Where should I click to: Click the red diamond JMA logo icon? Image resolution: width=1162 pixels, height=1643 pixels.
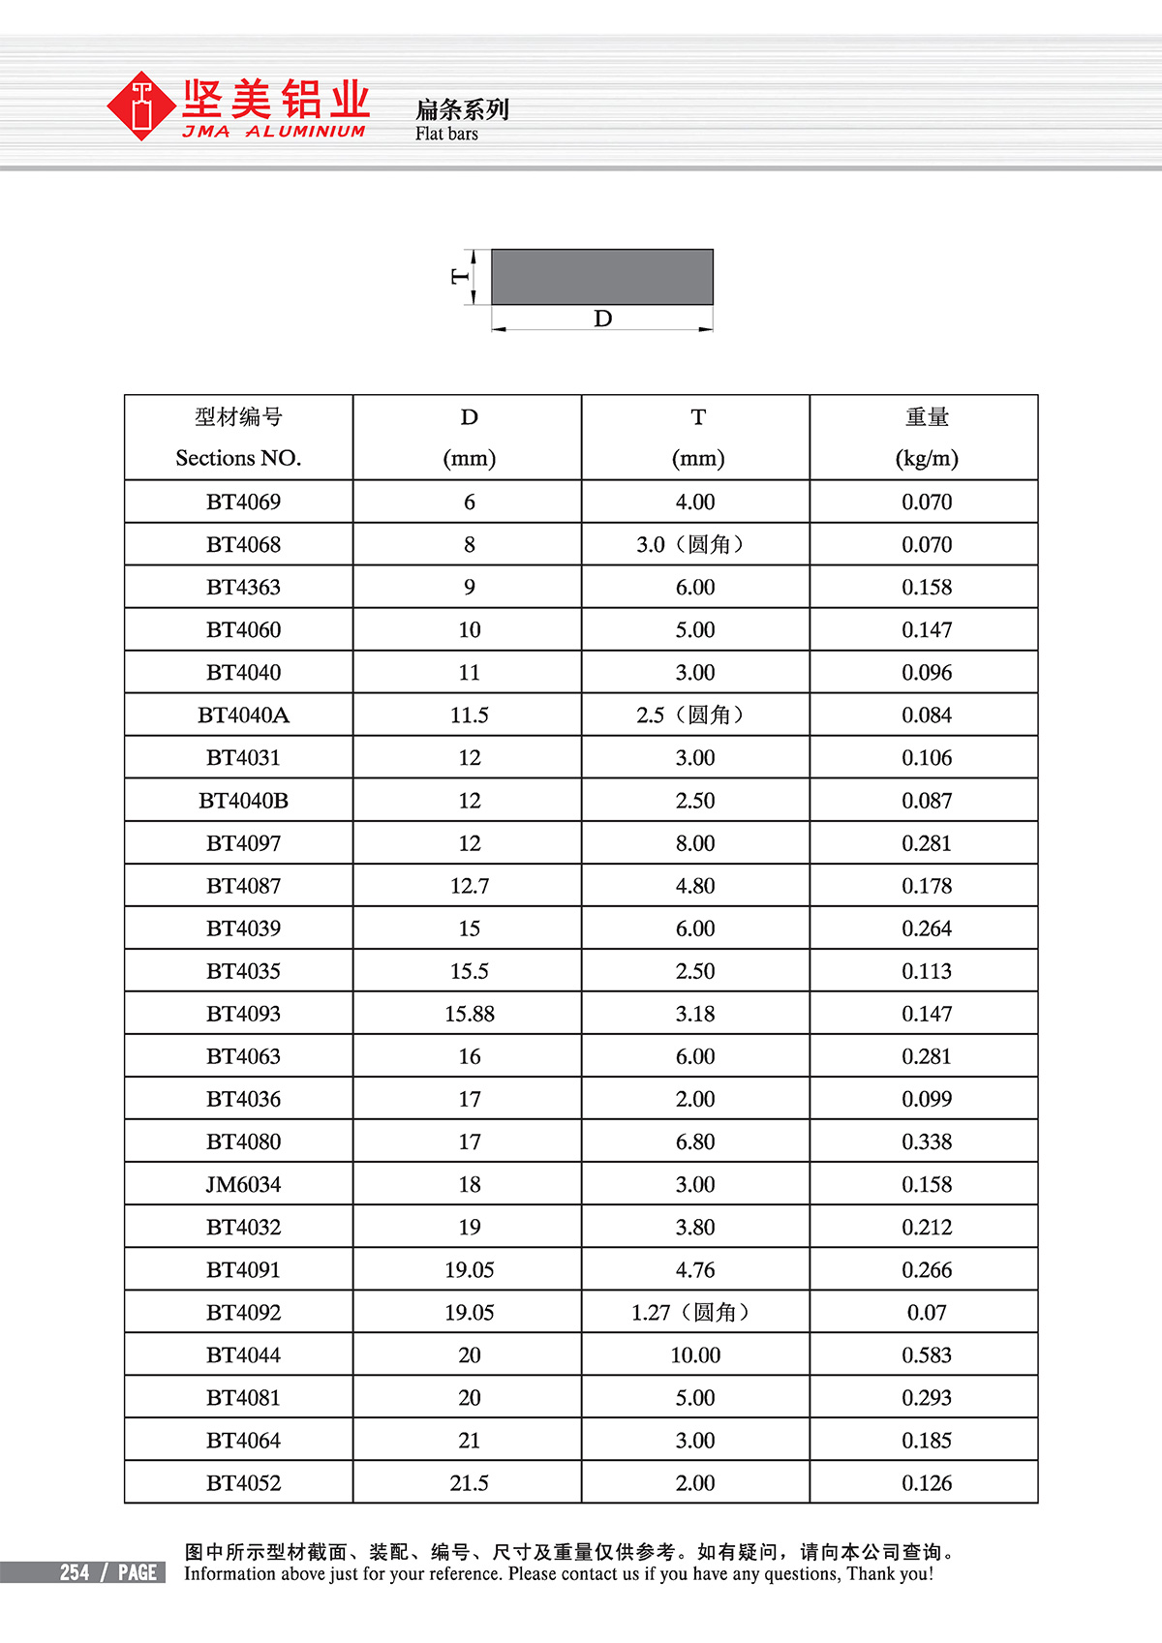(x=142, y=106)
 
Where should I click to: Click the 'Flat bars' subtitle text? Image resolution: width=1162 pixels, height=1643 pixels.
(x=446, y=135)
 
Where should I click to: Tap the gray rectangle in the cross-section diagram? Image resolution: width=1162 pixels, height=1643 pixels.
(x=602, y=277)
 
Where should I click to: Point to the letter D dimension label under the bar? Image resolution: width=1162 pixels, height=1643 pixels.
(x=602, y=319)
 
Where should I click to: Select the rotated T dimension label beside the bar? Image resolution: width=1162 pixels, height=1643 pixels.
(x=460, y=277)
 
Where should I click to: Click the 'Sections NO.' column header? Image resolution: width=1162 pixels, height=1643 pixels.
(x=238, y=458)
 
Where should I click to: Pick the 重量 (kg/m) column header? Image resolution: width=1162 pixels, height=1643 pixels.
(x=926, y=438)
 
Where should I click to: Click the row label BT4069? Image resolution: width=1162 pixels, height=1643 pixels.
(x=243, y=502)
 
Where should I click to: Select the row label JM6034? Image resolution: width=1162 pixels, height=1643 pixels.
(x=243, y=1184)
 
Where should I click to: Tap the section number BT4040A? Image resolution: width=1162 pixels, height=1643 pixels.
(x=243, y=715)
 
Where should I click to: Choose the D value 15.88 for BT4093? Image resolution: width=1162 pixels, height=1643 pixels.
(x=469, y=1014)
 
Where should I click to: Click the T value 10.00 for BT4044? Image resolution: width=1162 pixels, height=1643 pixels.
(x=695, y=1355)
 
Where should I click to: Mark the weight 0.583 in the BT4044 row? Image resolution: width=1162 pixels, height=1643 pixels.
(x=926, y=1355)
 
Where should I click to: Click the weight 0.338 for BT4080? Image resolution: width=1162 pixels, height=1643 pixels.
(x=926, y=1141)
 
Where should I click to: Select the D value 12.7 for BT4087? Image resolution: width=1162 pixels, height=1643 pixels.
(x=469, y=886)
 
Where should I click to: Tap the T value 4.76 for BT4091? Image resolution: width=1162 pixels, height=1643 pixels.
(x=695, y=1269)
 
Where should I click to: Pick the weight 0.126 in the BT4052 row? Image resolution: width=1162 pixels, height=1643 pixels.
(x=926, y=1483)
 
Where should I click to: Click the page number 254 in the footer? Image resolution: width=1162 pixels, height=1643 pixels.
(x=75, y=1572)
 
